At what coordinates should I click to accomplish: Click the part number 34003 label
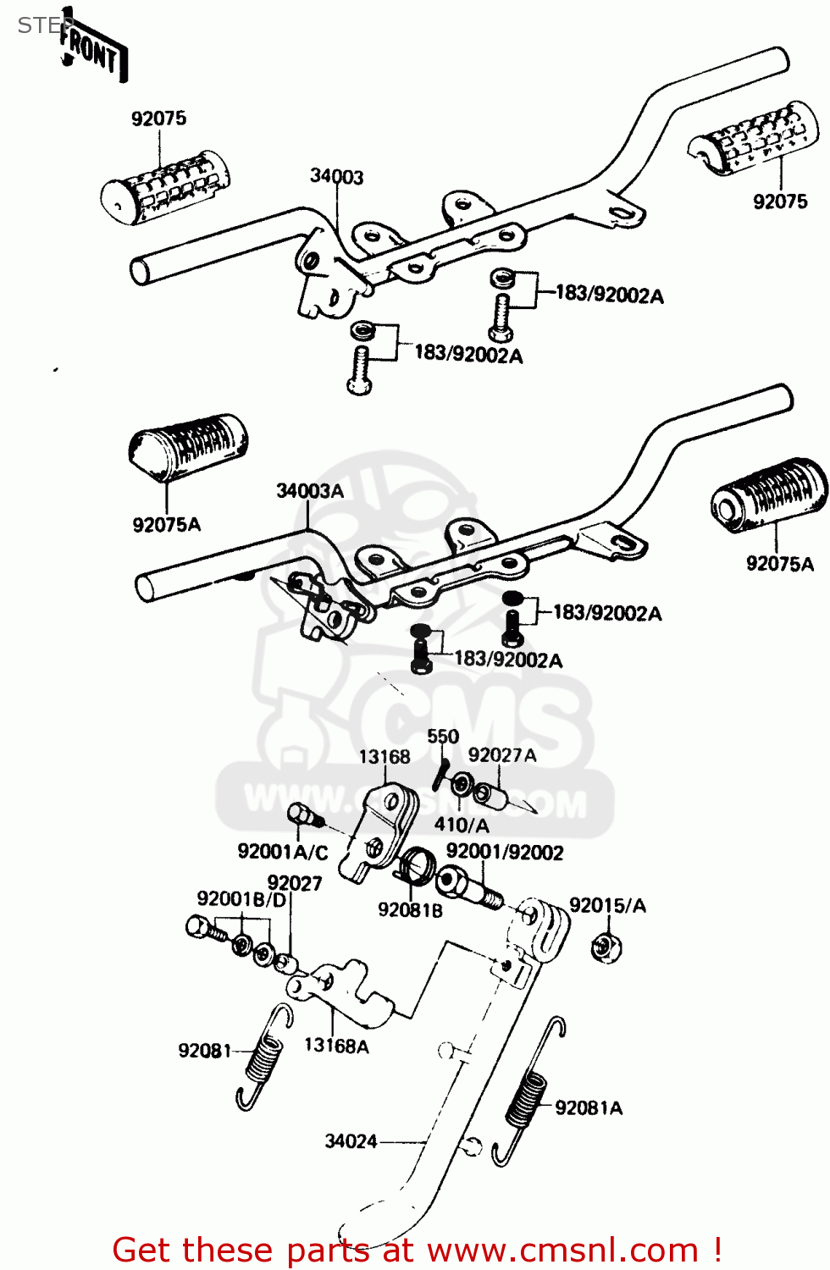336,176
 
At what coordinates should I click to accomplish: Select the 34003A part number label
310,491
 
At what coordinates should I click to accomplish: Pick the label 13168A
336,1046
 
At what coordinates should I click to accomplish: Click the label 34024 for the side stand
351,1141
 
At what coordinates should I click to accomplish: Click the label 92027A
502,755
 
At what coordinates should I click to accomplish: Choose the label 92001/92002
505,852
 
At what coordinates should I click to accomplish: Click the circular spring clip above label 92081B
417,864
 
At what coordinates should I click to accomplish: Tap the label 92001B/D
241,899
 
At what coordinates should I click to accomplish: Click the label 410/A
462,825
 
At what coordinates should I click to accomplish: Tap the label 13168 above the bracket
385,756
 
